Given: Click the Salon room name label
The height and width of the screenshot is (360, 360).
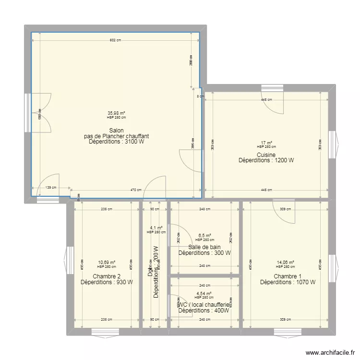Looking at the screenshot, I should (116, 131).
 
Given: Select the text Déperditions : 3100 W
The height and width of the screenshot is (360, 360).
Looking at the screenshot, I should (116, 142).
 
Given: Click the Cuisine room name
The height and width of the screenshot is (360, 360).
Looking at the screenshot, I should (266, 155).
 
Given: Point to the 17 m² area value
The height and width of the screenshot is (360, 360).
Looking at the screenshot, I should (266, 143).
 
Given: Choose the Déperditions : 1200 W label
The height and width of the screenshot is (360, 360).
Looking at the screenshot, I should (266, 161).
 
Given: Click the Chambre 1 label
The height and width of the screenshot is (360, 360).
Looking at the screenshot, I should (288, 276).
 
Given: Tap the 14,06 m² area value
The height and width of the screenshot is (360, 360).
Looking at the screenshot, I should (285, 263).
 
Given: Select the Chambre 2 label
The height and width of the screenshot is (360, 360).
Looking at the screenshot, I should (107, 276).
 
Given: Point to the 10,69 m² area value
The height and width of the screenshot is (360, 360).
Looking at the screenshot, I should (107, 263).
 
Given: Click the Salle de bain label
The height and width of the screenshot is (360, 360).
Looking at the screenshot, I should (204, 247).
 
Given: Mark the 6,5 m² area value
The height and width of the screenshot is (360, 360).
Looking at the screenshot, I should (204, 236).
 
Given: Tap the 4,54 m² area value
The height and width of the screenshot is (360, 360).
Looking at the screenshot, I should (204, 293).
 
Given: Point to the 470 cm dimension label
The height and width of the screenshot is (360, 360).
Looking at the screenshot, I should (136, 190).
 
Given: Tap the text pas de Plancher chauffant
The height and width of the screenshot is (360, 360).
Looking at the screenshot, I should (116, 136).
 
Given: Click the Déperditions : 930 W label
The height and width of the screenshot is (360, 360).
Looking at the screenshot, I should (107, 282).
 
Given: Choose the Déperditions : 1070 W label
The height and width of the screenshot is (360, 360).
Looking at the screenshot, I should (288, 282).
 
